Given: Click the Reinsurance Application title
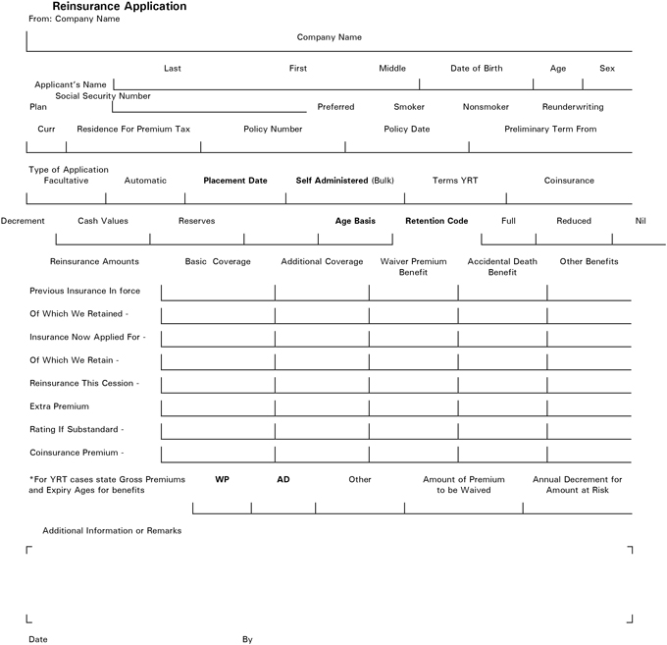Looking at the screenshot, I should click(x=120, y=7).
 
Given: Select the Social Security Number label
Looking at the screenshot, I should click(x=103, y=96).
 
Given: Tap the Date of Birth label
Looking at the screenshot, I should click(x=477, y=69).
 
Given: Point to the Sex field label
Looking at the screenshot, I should click(x=607, y=69).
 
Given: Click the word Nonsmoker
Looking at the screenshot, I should click(x=486, y=107).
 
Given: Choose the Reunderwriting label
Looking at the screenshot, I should click(x=573, y=107).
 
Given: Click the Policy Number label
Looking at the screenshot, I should click(x=273, y=130).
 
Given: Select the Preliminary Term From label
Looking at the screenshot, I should click(x=550, y=130).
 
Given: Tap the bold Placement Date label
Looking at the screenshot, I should click(x=235, y=181).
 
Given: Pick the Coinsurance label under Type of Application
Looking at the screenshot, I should click(x=570, y=181).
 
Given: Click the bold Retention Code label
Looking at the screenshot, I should click(x=436, y=221).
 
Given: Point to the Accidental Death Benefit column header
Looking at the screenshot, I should click(x=502, y=267).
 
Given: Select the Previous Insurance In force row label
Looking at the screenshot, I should click(x=85, y=291).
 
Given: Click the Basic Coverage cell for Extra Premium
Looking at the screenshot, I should click(x=218, y=406).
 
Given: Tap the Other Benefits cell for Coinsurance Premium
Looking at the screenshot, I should click(x=589, y=454).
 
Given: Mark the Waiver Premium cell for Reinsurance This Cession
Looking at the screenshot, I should click(x=413, y=383).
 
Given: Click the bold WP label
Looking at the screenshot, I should click(x=222, y=480).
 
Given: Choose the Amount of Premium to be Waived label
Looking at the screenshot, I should click(x=463, y=485).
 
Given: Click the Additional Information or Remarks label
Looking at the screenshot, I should click(x=112, y=531).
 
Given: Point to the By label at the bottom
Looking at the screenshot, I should click(x=247, y=639).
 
